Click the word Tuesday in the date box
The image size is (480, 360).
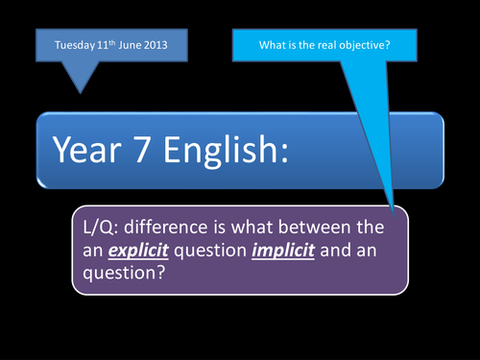pos(65,45)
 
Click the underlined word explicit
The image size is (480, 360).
pos(138,251)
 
